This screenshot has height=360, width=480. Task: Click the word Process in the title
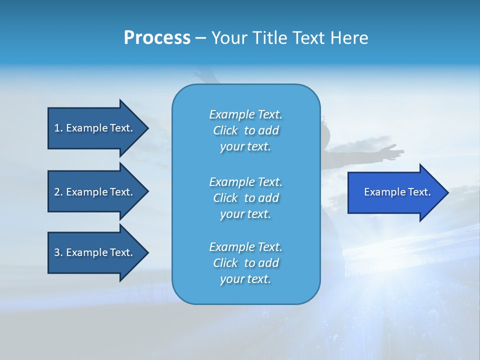click(157, 38)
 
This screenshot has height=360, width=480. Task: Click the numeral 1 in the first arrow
click(57, 128)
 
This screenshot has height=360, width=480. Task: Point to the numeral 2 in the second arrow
click(57, 192)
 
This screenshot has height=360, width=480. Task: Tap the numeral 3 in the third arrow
click(57, 252)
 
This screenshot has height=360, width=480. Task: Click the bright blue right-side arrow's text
click(397, 192)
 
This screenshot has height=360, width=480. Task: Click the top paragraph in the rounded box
click(245, 130)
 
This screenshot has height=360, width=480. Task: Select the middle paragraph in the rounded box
click(245, 197)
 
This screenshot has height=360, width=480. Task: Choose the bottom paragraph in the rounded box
click(245, 263)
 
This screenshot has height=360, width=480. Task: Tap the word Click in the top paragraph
click(225, 130)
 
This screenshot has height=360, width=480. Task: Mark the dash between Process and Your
click(200, 38)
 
